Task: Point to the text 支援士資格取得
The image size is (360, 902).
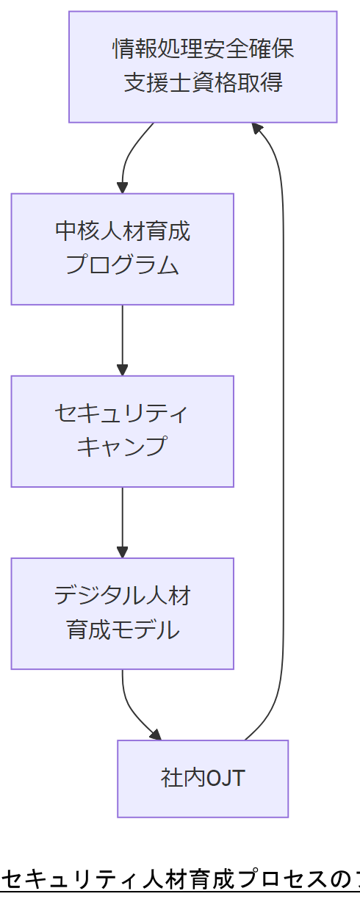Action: point(203,82)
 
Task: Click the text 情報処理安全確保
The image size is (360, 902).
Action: point(203,49)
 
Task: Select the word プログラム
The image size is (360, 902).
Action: point(122,264)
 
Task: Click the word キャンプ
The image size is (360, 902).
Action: point(122,447)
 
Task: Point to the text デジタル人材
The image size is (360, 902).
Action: point(122,596)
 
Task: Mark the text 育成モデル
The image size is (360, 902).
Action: point(122,630)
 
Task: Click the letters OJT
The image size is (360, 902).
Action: point(226,779)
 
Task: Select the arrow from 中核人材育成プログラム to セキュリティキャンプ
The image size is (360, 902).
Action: point(122,338)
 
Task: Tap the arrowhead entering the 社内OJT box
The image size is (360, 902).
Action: point(155,735)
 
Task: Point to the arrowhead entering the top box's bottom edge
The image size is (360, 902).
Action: point(256,129)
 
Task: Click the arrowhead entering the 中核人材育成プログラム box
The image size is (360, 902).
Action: point(122,187)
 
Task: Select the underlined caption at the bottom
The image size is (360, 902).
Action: point(180,878)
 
